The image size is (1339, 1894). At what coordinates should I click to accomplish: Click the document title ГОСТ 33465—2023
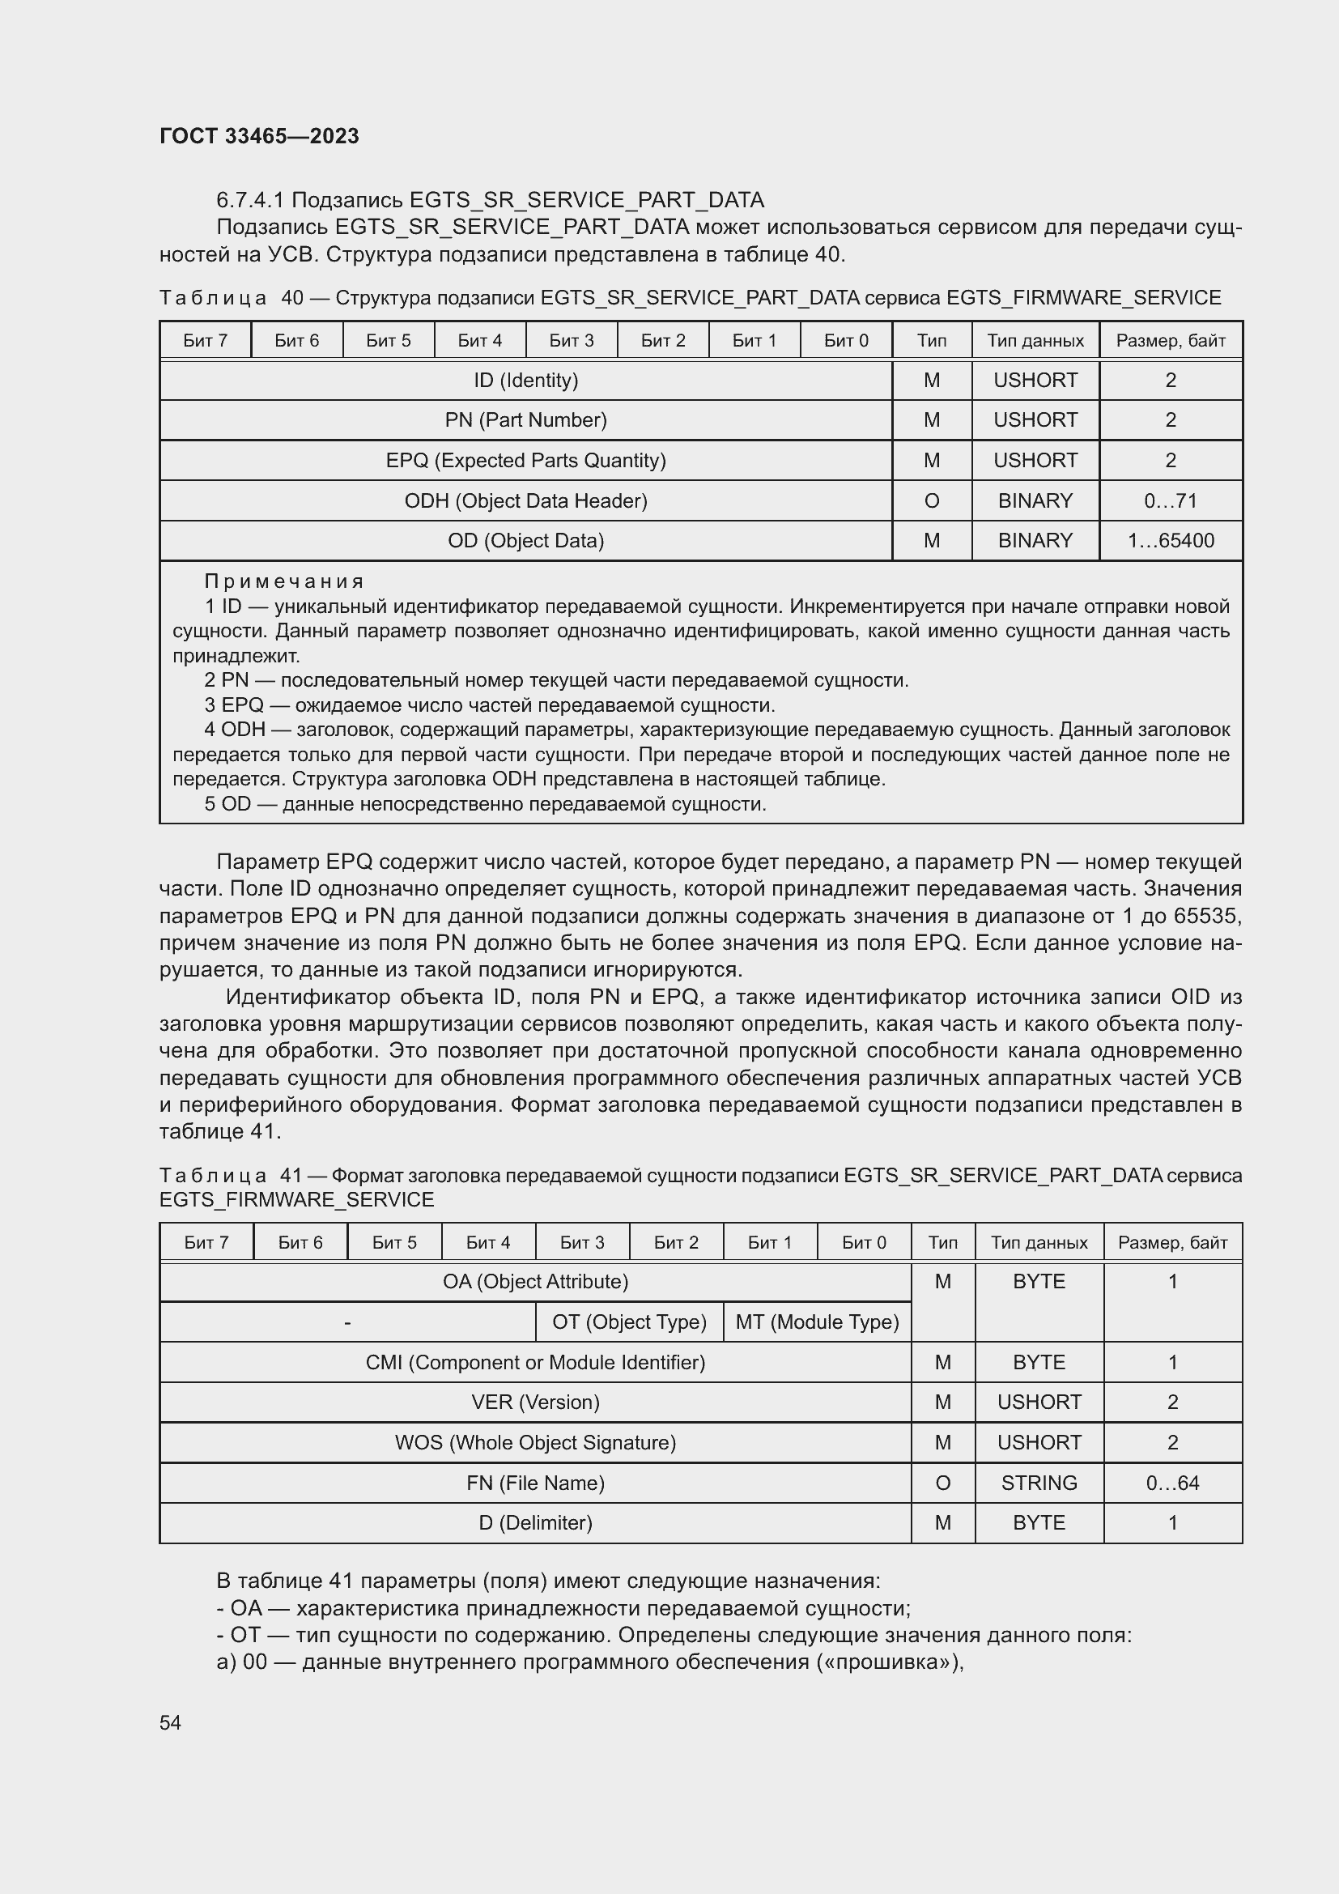(259, 136)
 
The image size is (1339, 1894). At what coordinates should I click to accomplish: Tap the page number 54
(170, 1722)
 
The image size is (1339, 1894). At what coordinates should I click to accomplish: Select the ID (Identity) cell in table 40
(525, 381)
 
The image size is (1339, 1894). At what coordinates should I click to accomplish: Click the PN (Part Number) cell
(525, 420)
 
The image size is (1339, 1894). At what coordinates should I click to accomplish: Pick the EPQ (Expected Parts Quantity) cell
(525, 460)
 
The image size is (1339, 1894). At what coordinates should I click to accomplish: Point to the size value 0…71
(1170, 500)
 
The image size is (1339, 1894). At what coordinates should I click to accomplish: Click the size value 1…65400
(1170, 540)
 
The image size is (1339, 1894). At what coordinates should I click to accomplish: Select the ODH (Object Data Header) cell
(525, 500)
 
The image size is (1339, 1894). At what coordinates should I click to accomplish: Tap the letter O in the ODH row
(931, 500)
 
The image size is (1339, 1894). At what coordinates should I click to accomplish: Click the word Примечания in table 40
(283, 581)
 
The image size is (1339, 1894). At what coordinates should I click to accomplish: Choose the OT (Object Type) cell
(629, 1322)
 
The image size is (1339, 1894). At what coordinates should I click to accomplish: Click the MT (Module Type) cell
(816, 1322)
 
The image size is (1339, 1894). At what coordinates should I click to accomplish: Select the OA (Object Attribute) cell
(535, 1281)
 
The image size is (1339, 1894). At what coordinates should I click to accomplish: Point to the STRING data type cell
(1038, 1483)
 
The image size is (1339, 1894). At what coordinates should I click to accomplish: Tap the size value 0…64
(1171, 1483)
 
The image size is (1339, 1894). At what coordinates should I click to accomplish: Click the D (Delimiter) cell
(535, 1522)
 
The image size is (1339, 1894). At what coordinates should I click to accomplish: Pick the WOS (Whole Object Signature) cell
(535, 1442)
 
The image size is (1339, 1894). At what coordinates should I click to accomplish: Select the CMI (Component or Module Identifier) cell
(535, 1362)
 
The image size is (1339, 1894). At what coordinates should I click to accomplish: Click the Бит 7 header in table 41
(206, 1242)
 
